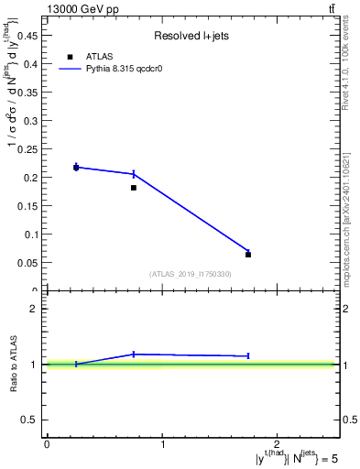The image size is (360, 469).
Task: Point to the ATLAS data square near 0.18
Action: pos(134,188)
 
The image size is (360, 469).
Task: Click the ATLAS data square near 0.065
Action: pos(248,255)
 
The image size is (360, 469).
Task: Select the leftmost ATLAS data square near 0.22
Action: pos(76,167)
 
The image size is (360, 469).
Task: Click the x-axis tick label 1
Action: pos(162,444)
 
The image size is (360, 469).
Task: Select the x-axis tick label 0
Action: pos(47,444)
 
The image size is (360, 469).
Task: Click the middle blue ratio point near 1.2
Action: pos(134,354)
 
